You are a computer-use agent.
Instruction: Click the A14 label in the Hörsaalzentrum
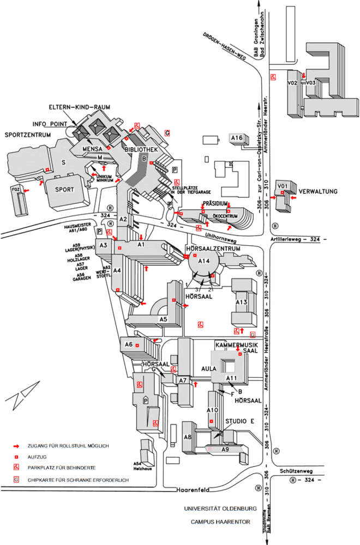click(x=203, y=261)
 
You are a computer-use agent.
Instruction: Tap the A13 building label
click(x=242, y=302)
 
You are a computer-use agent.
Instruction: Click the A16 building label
click(x=237, y=138)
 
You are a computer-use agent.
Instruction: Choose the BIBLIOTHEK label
click(x=141, y=149)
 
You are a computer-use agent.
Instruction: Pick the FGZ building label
click(x=15, y=189)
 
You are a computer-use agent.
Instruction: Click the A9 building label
click(x=225, y=450)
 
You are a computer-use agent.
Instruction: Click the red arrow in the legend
click(x=16, y=446)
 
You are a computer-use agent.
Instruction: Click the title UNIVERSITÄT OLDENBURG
click(x=220, y=509)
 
